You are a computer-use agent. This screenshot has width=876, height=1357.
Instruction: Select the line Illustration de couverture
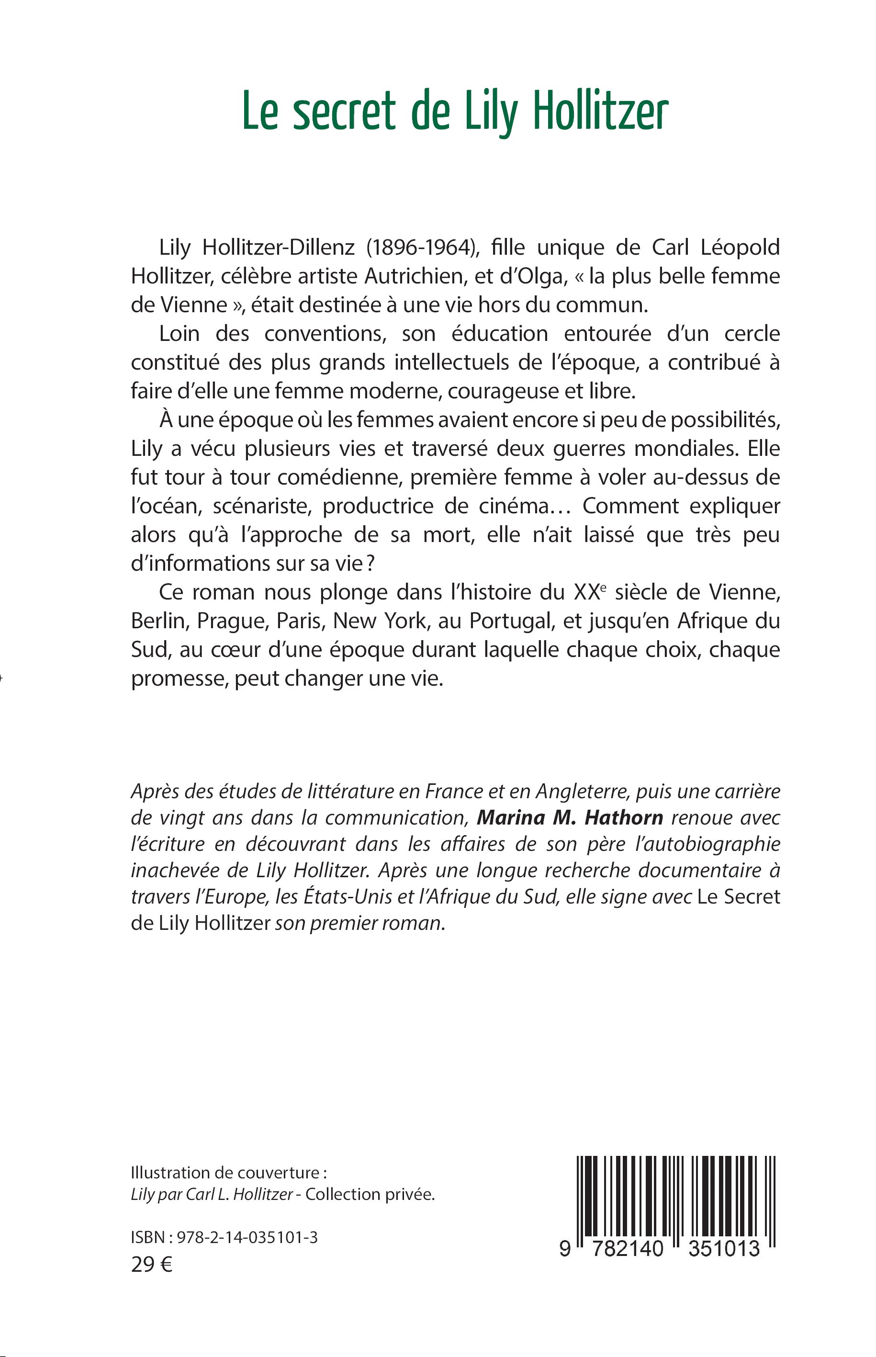click(x=229, y=1173)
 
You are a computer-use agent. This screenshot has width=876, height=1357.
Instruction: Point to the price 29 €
click(x=151, y=1264)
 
